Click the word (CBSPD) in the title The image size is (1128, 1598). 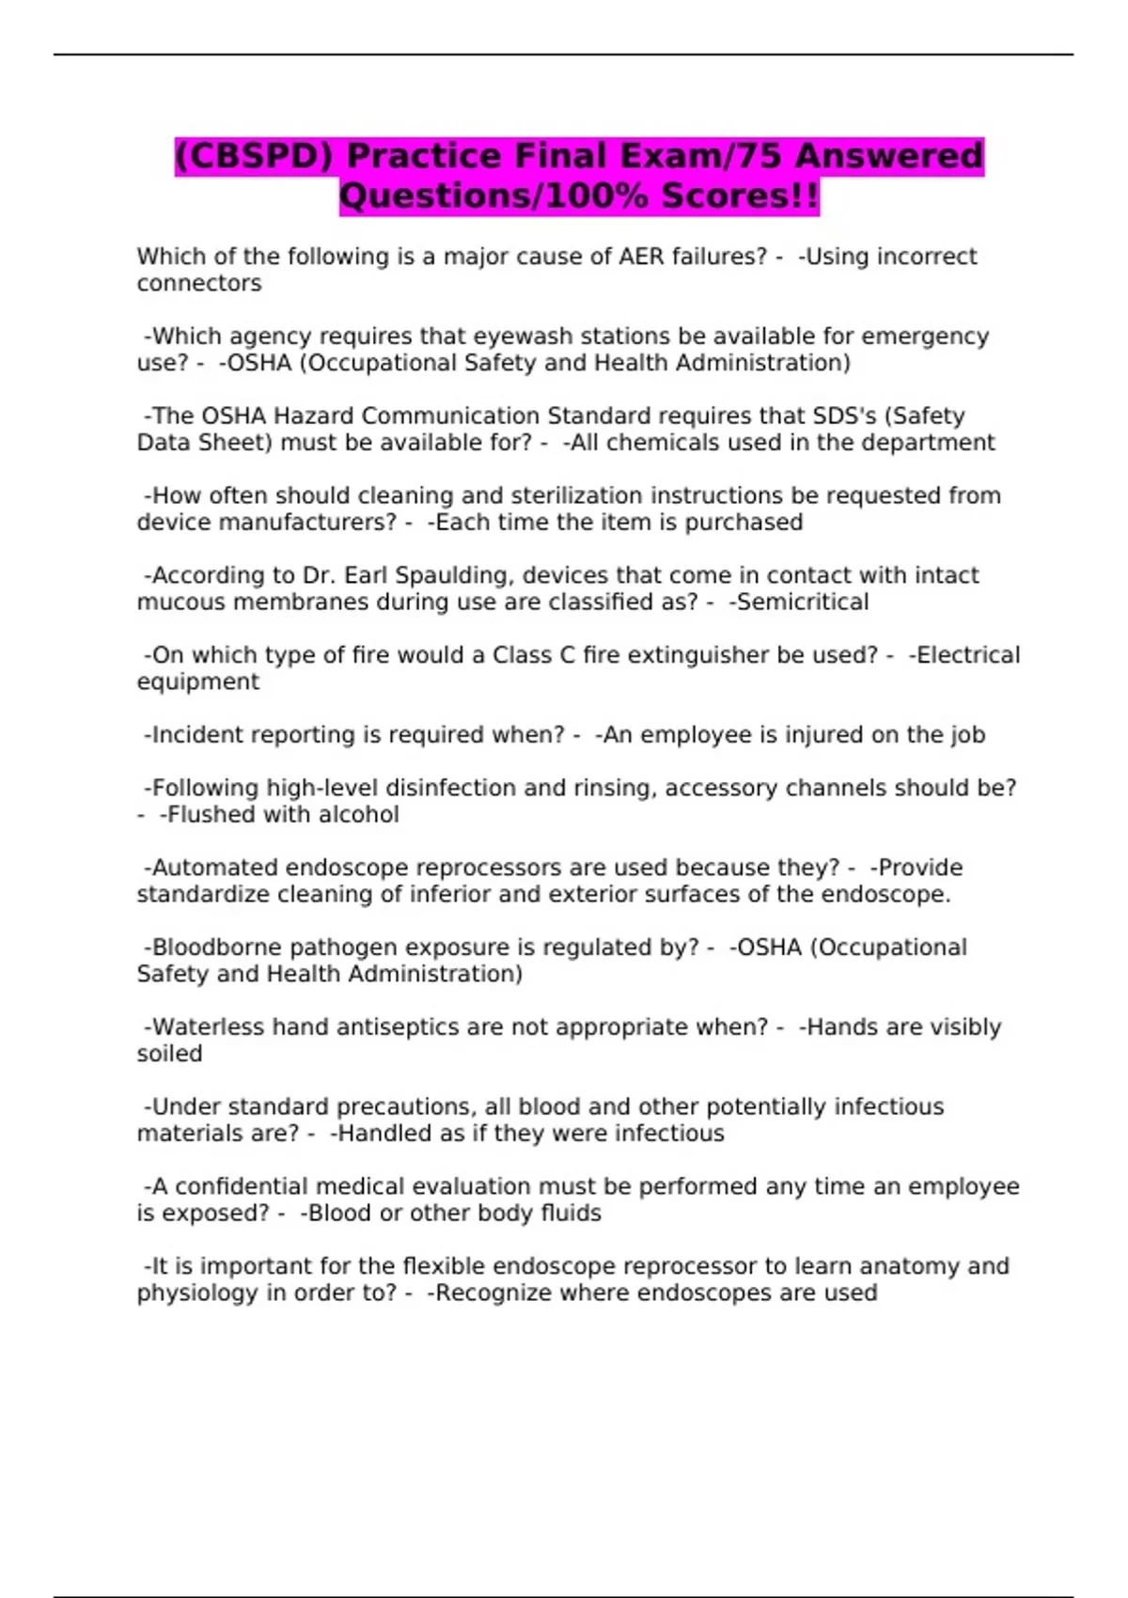pos(255,156)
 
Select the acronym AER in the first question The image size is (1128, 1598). pos(641,257)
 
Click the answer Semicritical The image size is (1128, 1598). pos(803,603)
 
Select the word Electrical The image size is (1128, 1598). pos(967,655)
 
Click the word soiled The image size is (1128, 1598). pos(169,1054)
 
